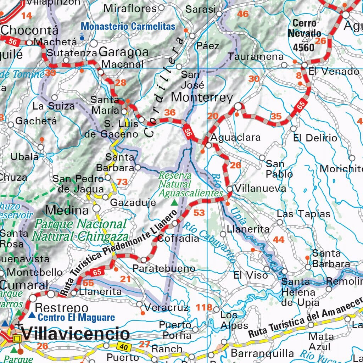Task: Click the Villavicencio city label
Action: click(x=76, y=334)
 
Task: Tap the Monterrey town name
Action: click(x=202, y=97)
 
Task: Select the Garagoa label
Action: click(x=124, y=52)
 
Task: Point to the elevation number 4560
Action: click(x=303, y=47)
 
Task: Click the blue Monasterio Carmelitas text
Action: click(x=128, y=26)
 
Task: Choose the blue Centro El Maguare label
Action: click(x=76, y=317)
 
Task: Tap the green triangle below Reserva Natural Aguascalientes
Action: click(x=174, y=203)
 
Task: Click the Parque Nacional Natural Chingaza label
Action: click(x=80, y=230)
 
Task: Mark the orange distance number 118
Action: click(x=204, y=307)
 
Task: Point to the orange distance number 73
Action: click(x=122, y=182)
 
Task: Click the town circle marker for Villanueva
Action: click(x=230, y=189)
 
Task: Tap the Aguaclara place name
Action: click(x=236, y=137)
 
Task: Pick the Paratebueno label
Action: click(x=164, y=268)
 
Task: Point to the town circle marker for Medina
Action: click(x=96, y=208)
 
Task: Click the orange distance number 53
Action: click(x=199, y=213)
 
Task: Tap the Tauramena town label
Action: click(x=256, y=57)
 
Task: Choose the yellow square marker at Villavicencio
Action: click(x=17, y=339)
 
